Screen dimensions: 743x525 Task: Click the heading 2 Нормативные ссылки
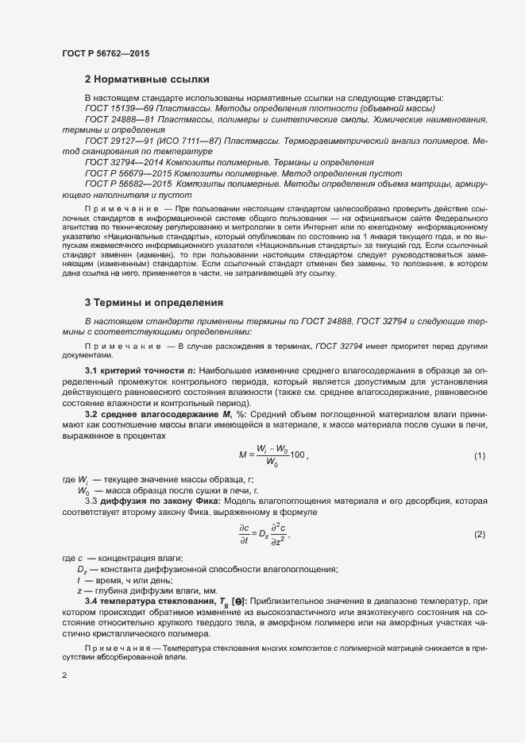coord(147,79)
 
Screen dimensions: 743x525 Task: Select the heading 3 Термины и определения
coord(153,302)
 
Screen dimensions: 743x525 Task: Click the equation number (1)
coord(479,455)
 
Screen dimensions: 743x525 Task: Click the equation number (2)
coord(479,534)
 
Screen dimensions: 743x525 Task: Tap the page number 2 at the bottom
coord(64,675)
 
